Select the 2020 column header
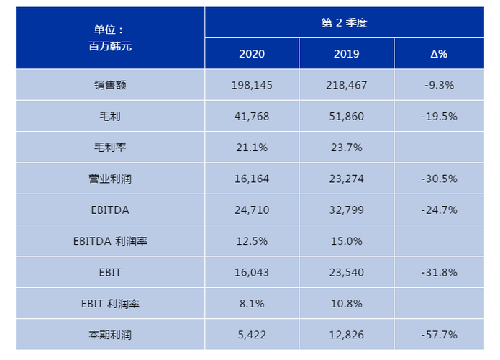[252, 54]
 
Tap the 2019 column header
[347, 54]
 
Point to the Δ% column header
[438, 54]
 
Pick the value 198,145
[252, 85]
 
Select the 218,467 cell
[347, 85]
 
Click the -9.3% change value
[438, 85]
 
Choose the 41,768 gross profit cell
[252, 116]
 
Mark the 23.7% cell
[347, 148]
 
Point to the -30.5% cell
[438, 179]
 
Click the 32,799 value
[347, 210]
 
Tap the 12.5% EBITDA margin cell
[252, 241]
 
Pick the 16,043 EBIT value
[252, 272]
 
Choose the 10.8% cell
[347, 304]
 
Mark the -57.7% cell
[438, 335]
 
